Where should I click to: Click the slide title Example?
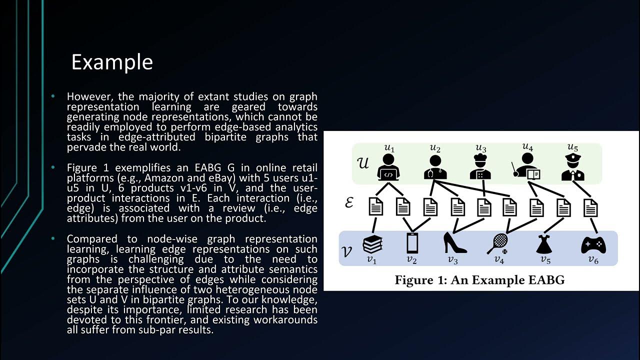pyautogui.click(x=112, y=62)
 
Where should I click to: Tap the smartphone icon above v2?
pyautogui.click(x=412, y=243)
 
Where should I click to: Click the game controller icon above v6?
pyautogui.click(x=593, y=244)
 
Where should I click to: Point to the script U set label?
pyautogui.click(x=363, y=163)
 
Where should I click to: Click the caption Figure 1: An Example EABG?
pyautogui.click(x=479, y=279)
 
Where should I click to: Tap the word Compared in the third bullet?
pyautogui.click(x=89, y=238)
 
